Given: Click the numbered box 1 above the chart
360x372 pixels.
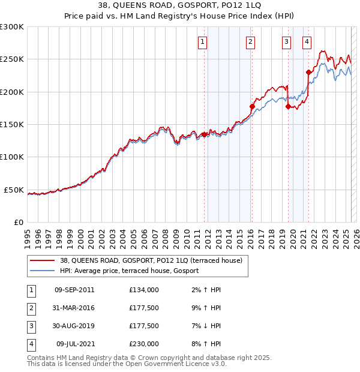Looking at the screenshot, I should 203,42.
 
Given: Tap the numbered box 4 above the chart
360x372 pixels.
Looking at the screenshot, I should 307,42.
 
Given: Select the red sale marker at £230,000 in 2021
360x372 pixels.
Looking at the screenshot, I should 308,73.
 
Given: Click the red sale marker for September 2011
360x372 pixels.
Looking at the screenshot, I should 204,134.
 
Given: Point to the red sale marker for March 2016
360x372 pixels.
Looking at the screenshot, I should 252,107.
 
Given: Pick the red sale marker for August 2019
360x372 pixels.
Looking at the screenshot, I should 289,107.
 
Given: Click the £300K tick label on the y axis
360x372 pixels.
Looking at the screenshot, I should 12,27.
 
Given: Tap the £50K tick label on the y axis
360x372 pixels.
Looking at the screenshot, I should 14,190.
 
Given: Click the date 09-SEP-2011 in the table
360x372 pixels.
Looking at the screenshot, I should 74,290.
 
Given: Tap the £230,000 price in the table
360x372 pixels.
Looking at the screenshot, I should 144,344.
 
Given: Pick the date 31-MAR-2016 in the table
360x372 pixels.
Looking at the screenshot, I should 74,308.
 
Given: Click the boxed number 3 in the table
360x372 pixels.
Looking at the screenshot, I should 31,326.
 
